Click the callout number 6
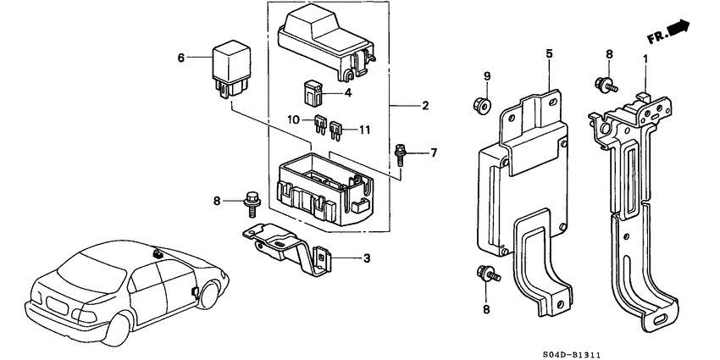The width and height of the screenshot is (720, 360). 180,58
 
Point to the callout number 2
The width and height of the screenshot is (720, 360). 425,106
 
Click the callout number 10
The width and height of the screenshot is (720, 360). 294,119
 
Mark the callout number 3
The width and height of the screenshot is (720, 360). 366,258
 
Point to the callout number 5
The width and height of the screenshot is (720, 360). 549,53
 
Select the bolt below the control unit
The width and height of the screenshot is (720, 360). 488,274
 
